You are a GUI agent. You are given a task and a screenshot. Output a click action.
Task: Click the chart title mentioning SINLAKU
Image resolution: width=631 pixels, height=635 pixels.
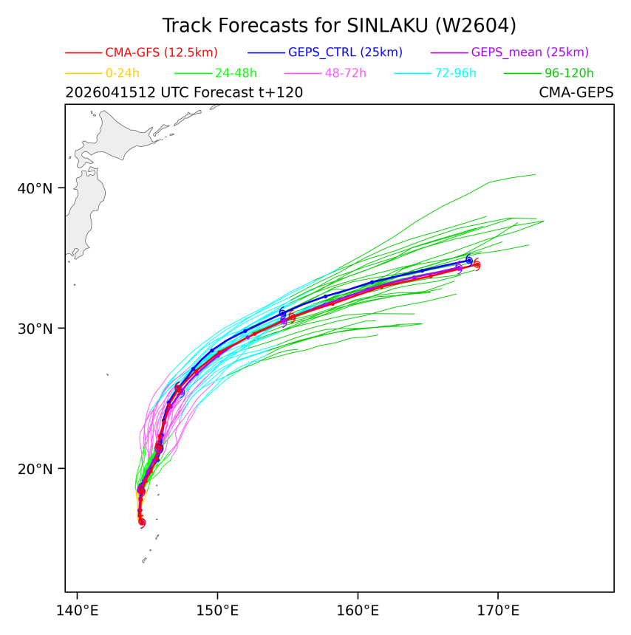(x=339, y=26)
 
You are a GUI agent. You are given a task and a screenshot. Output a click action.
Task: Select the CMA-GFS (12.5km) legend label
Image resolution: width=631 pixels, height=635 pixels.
(x=161, y=52)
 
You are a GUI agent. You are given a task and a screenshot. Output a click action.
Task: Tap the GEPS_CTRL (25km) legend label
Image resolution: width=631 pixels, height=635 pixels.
(x=345, y=52)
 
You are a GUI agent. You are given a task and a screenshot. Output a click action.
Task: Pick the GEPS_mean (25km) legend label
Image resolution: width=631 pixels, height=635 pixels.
(x=530, y=52)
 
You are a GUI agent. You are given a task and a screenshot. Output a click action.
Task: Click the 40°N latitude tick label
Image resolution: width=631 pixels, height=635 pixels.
(x=35, y=188)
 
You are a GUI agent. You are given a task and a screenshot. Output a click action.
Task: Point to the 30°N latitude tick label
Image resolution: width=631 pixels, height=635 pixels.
(x=35, y=329)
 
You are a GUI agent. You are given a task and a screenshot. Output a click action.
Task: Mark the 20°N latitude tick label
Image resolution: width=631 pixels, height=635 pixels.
(x=35, y=469)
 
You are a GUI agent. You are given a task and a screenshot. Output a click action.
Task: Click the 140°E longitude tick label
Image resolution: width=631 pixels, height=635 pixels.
(x=77, y=611)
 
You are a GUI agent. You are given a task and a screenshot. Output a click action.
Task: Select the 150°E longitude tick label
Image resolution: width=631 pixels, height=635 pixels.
(x=217, y=611)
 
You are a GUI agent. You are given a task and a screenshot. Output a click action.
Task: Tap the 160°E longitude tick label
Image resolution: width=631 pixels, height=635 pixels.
(x=358, y=611)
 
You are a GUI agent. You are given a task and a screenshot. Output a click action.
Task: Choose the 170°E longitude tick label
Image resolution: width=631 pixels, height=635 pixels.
(x=498, y=611)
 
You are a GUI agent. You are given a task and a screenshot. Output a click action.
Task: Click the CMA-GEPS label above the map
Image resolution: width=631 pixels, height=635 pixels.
(x=576, y=92)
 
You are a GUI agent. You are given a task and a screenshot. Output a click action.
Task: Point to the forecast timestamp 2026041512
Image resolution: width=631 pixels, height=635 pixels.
(x=111, y=92)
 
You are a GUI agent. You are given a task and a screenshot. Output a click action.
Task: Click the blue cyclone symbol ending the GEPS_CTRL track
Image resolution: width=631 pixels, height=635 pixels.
(x=469, y=260)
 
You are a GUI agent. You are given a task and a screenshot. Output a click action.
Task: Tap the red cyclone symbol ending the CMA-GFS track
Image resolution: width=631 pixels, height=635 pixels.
(x=477, y=265)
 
